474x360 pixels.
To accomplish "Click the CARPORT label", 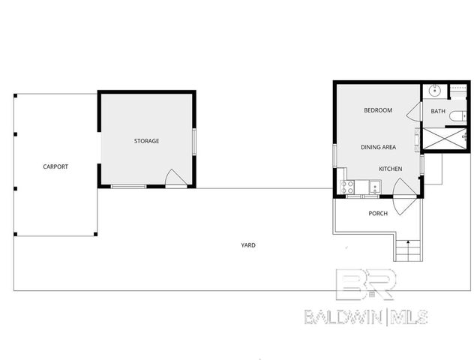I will (x=55, y=166).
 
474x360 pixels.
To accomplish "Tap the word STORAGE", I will (x=146, y=141).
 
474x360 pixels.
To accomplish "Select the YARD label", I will (x=247, y=245).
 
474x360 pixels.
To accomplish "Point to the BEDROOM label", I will (x=378, y=111).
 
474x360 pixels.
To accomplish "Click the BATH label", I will (x=438, y=113).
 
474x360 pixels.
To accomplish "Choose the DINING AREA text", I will (x=378, y=147).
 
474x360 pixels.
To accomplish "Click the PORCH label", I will (x=378, y=214).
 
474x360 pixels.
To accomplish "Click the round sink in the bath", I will (x=434, y=91).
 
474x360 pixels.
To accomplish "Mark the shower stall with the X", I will (x=445, y=138).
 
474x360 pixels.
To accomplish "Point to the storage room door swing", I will (x=174, y=178).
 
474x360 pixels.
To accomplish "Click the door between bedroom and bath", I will (x=413, y=112).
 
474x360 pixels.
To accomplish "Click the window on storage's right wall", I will (x=194, y=141).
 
